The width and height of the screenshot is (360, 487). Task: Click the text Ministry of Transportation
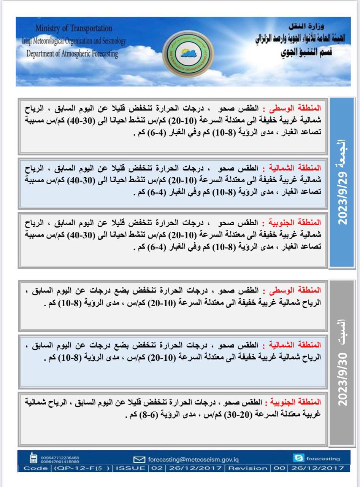pos(74,28)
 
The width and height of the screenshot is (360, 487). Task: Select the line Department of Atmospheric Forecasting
pos(72,54)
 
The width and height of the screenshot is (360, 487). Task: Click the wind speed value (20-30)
pos(231,415)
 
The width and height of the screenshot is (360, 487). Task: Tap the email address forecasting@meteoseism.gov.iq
pos(193,459)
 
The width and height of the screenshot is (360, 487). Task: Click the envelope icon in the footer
pos(140,459)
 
